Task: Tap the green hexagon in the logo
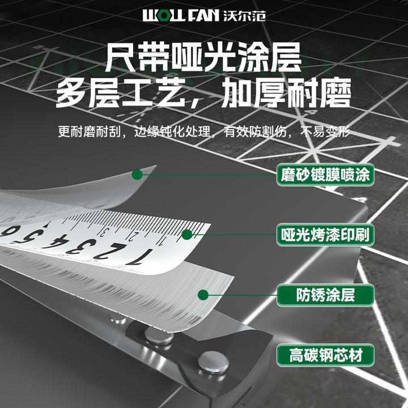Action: point(163,16)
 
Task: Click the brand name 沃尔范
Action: point(244,16)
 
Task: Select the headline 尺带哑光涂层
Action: point(203,57)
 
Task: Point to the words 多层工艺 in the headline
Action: point(120,92)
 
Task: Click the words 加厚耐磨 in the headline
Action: point(286,92)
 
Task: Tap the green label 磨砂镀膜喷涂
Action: point(325,175)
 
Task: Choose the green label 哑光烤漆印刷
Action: point(325,235)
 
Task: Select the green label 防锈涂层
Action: point(325,295)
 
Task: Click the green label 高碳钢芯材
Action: point(325,355)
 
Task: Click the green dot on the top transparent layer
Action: point(137,175)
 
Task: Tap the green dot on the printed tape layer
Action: point(187,235)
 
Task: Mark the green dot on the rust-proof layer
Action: point(203,295)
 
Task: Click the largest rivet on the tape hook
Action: point(213,362)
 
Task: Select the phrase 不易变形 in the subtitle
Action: point(325,131)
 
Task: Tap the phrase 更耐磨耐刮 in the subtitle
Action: point(90,131)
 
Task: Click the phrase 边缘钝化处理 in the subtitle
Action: point(172,131)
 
